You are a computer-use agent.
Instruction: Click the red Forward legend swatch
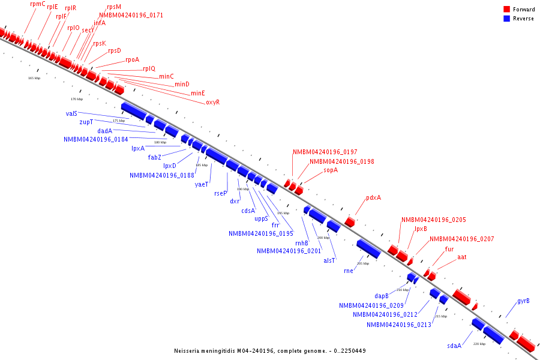tap(506, 10)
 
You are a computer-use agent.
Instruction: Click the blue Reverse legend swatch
tap(506, 19)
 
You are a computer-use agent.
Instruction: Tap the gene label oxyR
tap(212, 103)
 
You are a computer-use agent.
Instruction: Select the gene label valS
tap(71, 113)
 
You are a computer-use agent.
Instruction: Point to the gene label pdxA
tap(373, 198)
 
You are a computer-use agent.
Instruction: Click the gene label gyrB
tap(523, 301)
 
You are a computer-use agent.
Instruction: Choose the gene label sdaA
tap(454, 346)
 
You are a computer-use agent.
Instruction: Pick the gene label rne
tap(349, 271)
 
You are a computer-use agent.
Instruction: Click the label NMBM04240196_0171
tap(131, 16)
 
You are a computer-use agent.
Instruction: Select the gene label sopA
tap(331, 170)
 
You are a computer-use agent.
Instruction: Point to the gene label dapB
tap(382, 296)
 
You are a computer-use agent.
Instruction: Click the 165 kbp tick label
tap(34, 78)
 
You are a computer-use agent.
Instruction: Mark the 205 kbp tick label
tap(363, 263)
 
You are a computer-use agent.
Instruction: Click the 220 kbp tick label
tap(479, 344)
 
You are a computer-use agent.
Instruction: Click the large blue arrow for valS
tap(133, 110)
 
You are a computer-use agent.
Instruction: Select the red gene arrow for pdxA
tap(349, 222)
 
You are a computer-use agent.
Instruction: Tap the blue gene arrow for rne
tap(368, 248)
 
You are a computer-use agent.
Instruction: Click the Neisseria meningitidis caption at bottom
tap(270, 351)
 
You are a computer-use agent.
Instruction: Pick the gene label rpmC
tap(37, 4)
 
